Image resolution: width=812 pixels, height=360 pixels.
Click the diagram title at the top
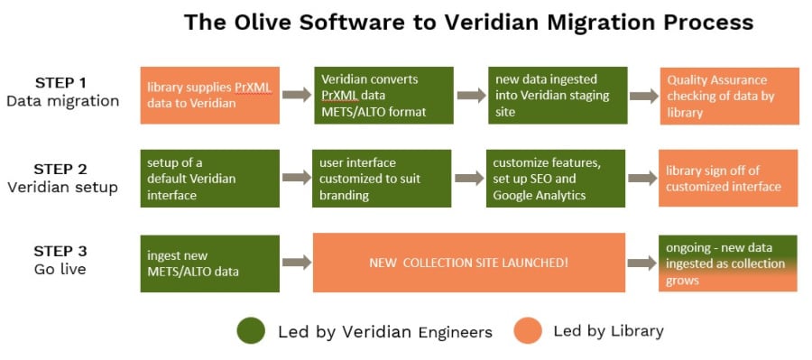[x=468, y=22]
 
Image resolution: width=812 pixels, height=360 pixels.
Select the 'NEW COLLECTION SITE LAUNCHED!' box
[x=469, y=263]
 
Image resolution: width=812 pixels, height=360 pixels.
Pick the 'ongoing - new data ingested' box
[x=728, y=263]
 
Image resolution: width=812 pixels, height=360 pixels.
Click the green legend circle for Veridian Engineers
[x=251, y=331]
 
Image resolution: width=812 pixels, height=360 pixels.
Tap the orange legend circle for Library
[x=528, y=331]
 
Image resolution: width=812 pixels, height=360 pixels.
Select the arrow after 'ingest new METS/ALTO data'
[x=297, y=263]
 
